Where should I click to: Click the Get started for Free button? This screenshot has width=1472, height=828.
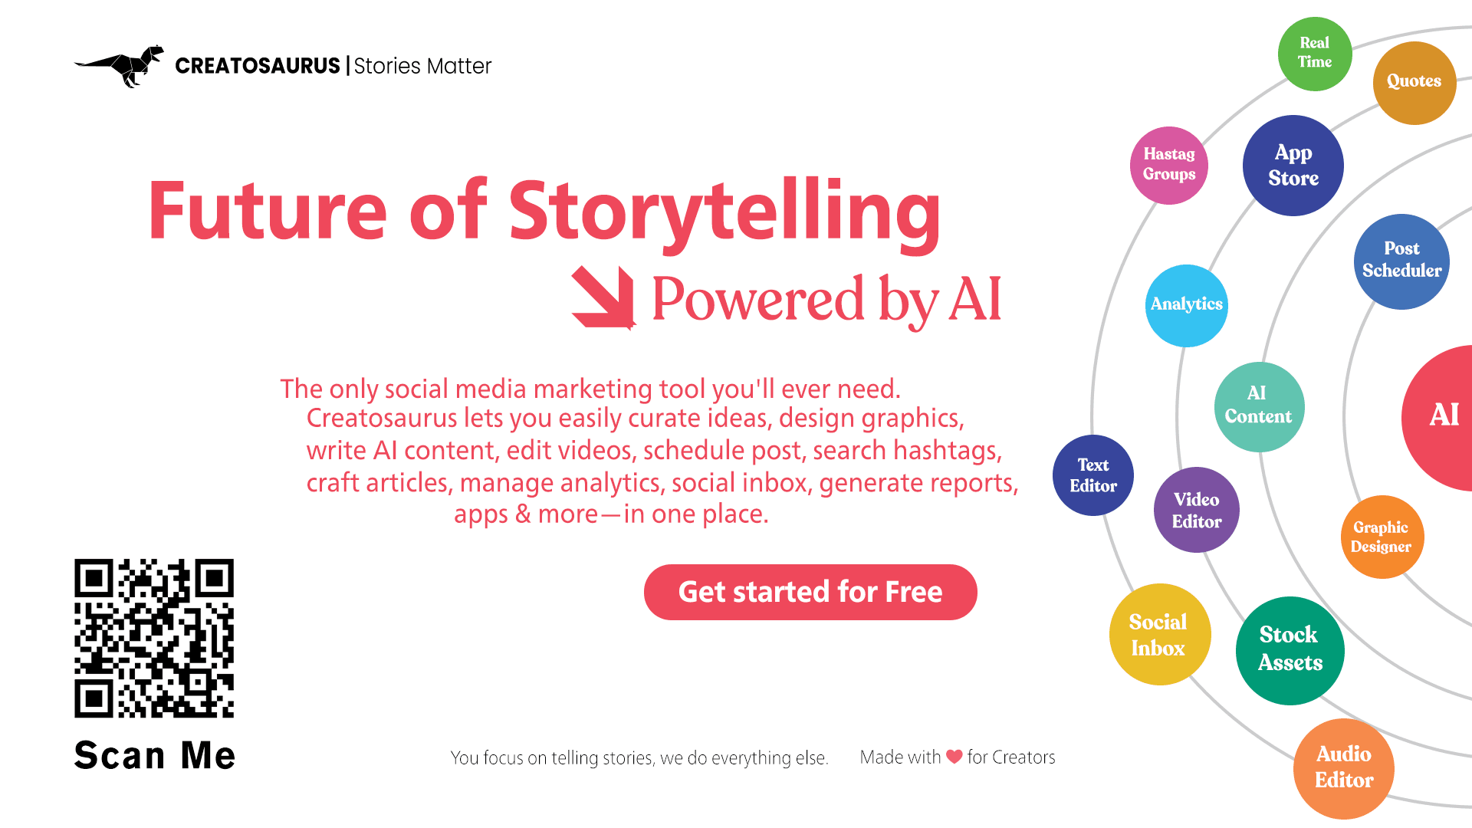(810, 592)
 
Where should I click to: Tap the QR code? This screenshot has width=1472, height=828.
(154, 638)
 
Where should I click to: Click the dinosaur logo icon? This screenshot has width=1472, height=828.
(120, 66)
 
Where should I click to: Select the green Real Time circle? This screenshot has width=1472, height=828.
(1315, 54)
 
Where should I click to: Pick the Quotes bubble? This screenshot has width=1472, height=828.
(1414, 83)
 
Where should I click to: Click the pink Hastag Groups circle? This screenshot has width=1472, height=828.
(1169, 165)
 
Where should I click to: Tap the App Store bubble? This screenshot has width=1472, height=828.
(1293, 166)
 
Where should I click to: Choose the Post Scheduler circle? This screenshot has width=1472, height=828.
(1401, 261)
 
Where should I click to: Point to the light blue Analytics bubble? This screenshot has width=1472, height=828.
(1187, 305)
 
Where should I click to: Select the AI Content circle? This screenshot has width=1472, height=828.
(1259, 406)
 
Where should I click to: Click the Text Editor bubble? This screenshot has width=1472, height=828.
(1093, 475)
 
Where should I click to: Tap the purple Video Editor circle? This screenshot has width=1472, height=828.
(1197, 510)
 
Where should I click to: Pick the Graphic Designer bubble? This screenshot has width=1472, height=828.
(1382, 537)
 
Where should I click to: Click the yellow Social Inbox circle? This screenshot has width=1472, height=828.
(1160, 635)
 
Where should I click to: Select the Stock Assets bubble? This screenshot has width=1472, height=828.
(1290, 650)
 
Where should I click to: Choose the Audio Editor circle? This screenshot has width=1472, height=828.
(1344, 769)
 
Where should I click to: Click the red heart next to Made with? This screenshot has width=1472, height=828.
(955, 757)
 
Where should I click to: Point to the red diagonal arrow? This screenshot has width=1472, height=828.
(604, 297)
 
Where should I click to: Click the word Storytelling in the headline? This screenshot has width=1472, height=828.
(724, 212)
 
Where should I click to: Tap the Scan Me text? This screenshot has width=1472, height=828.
(154, 755)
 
